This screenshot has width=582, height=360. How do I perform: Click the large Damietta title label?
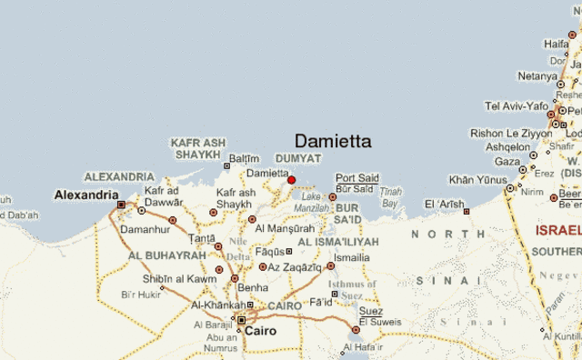click(x=333, y=141)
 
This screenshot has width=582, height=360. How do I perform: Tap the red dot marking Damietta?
click(x=291, y=180)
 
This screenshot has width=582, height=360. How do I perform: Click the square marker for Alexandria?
click(x=121, y=205)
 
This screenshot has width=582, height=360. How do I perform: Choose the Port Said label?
click(x=356, y=177)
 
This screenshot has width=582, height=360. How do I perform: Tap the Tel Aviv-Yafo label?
click(x=516, y=106)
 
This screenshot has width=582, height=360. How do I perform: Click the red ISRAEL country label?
click(x=557, y=231)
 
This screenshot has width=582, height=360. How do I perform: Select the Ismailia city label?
click(x=352, y=257)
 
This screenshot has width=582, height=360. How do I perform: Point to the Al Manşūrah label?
click(x=284, y=228)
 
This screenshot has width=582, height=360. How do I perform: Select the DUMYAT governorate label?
click(x=298, y=158)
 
